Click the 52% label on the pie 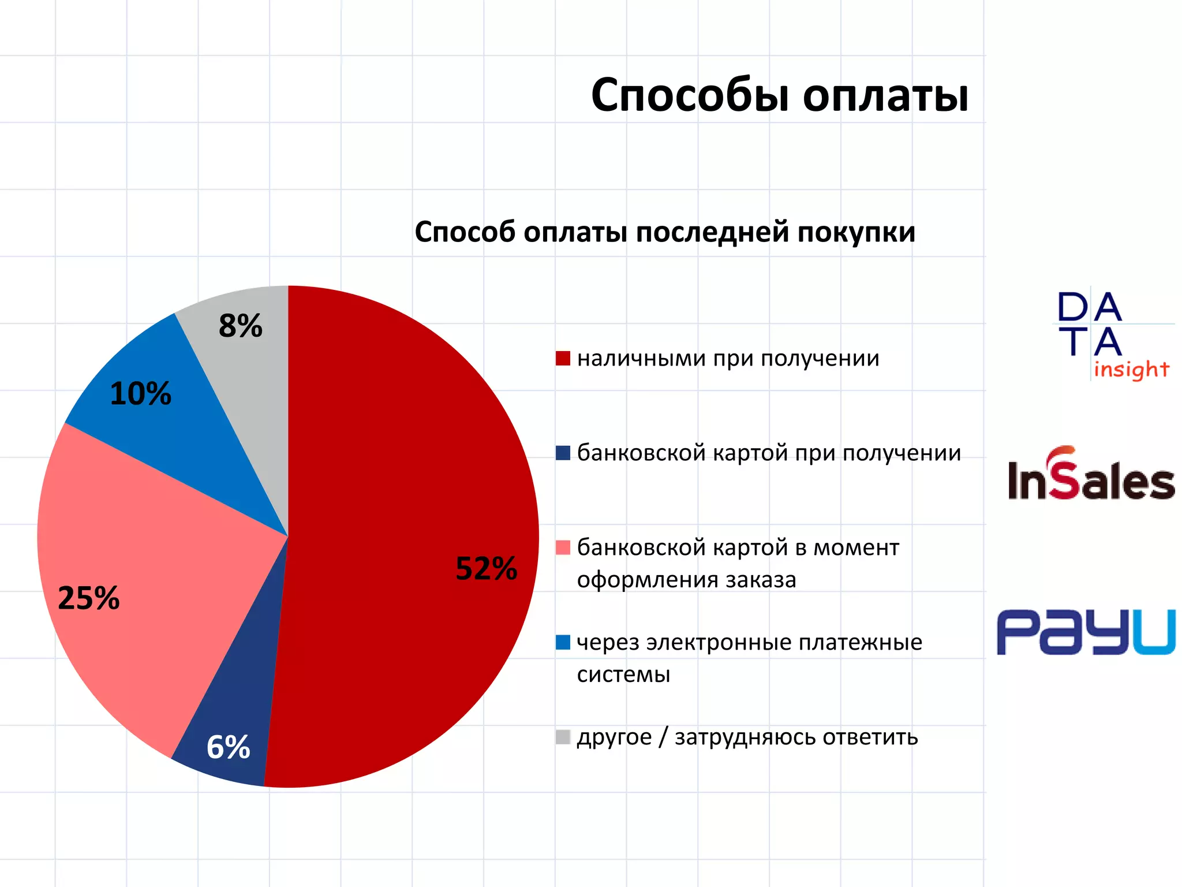(x=486, y=568)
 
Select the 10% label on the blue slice (x=140, y=394)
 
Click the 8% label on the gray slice (x=240, y=326)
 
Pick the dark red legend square (x=563, y=359)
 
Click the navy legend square (x=563, y=453)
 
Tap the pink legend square (x=563, y=547)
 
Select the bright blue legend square (x=563, y=642)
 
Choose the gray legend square (x=563, y=737)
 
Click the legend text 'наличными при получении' (x=728, y=359)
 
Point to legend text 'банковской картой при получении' (x=769, y=453)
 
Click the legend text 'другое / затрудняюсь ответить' (x=747, y=737)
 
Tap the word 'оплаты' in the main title (x=885, y=96)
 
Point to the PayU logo (x=1086, y=632)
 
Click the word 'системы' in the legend (x=623, y=674)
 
